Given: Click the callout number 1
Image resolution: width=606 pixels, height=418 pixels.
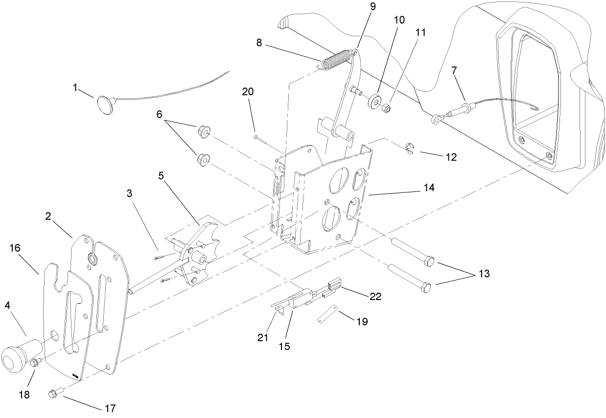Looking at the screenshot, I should [75, 88].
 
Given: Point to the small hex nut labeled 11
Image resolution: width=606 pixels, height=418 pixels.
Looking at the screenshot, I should [386, 108].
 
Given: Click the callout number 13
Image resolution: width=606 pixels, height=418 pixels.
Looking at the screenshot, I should [483, 274].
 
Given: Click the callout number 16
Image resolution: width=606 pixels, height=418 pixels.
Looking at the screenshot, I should [14, 249].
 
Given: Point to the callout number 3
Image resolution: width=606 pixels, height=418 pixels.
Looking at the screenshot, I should [129, 194].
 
